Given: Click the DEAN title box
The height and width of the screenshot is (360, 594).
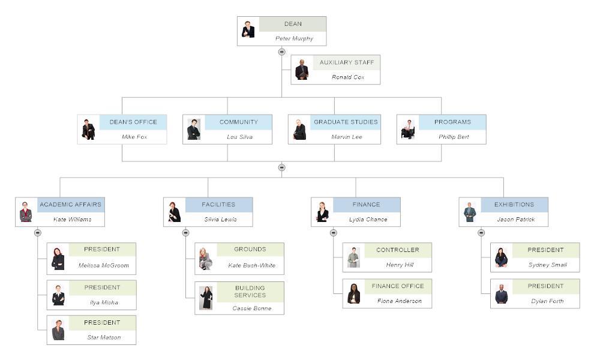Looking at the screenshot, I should [x=293, y=24].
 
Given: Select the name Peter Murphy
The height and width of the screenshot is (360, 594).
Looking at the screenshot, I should [x=294, y=39].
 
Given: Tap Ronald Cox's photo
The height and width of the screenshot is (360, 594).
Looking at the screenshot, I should [x=302, y=70].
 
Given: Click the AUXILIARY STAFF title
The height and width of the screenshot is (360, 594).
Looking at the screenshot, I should [x=346, y=62].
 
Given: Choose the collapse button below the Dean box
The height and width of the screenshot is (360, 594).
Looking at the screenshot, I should [x=282, y=52].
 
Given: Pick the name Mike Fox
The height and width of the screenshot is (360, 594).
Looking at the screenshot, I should [x=134, y=137].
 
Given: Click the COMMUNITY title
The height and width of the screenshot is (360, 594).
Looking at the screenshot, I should [x=238, y=122].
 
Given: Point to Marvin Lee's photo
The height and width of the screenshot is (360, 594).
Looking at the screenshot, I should [x=299, y=129].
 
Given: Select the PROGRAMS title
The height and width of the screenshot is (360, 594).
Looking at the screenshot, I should [x=452, y=122].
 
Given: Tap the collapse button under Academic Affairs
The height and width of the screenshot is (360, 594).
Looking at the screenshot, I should [x=38, y=233].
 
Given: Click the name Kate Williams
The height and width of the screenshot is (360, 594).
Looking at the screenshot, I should [x=73, y=220].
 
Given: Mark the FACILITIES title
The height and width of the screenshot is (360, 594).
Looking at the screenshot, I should [x=218, y=205].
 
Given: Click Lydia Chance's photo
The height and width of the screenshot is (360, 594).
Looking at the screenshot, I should [x=322, y=212].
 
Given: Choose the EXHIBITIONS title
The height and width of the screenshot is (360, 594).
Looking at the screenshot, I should [x=514, y=205].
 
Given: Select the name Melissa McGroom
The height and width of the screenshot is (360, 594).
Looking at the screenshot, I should [x=103, y=265].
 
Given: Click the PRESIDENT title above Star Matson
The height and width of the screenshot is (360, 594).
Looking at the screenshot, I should [x=102, y=322].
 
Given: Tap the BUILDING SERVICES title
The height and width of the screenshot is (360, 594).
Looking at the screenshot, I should [x=250, y=292].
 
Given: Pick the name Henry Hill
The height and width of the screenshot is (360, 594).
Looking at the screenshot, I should [x=400, y=265].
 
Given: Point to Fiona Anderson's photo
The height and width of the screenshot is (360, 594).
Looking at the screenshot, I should [x=353, y=293].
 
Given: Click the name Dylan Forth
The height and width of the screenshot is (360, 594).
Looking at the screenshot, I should [x=547, y=301].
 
